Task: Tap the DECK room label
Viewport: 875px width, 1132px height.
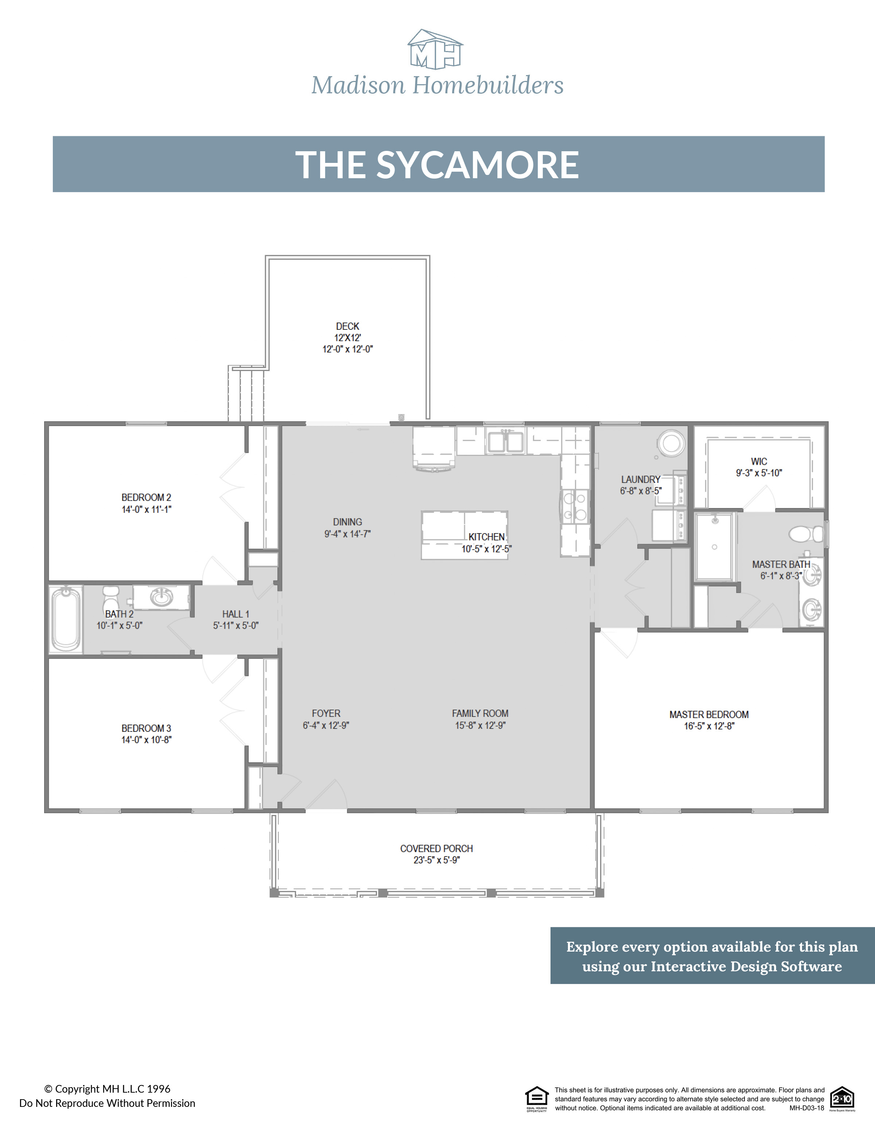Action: click(347, 326)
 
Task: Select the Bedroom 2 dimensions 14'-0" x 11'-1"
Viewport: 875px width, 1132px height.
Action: click(146, 509)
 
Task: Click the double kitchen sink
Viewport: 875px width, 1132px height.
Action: click(505, 442)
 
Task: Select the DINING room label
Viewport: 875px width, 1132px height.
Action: click(347, 522)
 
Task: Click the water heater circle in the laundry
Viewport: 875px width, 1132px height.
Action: click(671, 444)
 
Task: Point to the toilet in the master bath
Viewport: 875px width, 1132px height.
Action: click(805, 533)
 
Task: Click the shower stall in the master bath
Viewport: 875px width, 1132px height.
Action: click(714, 546)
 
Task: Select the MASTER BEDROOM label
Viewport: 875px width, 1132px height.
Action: click(709, 714)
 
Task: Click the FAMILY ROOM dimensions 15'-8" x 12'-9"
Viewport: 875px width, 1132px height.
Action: click(480, 725)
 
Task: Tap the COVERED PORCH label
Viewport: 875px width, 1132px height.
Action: click(436, 848)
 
